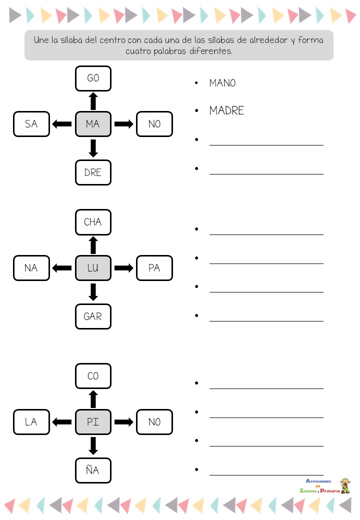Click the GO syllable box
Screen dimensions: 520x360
[93, 78]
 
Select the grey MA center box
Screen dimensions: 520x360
[93, 124]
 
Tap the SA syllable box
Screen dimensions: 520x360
[31, 124]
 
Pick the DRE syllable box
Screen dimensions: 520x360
[93, 172]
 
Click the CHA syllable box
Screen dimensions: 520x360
[93, 222]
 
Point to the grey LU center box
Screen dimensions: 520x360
[93, 268]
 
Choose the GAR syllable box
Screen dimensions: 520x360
[93, 316]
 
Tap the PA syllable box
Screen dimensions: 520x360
[154, 268]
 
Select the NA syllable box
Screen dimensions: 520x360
[31, 268]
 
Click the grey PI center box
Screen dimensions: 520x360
[93, 422]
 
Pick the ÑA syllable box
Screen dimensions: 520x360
[93, 470]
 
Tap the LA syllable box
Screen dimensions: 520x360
[31, 422]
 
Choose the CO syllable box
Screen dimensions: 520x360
[93, 376]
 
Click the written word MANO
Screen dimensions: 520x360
[222, 83]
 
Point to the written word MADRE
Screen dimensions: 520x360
[226, 111]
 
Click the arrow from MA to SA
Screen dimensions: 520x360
[62, 124]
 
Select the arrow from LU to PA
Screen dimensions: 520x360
[124, 268]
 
